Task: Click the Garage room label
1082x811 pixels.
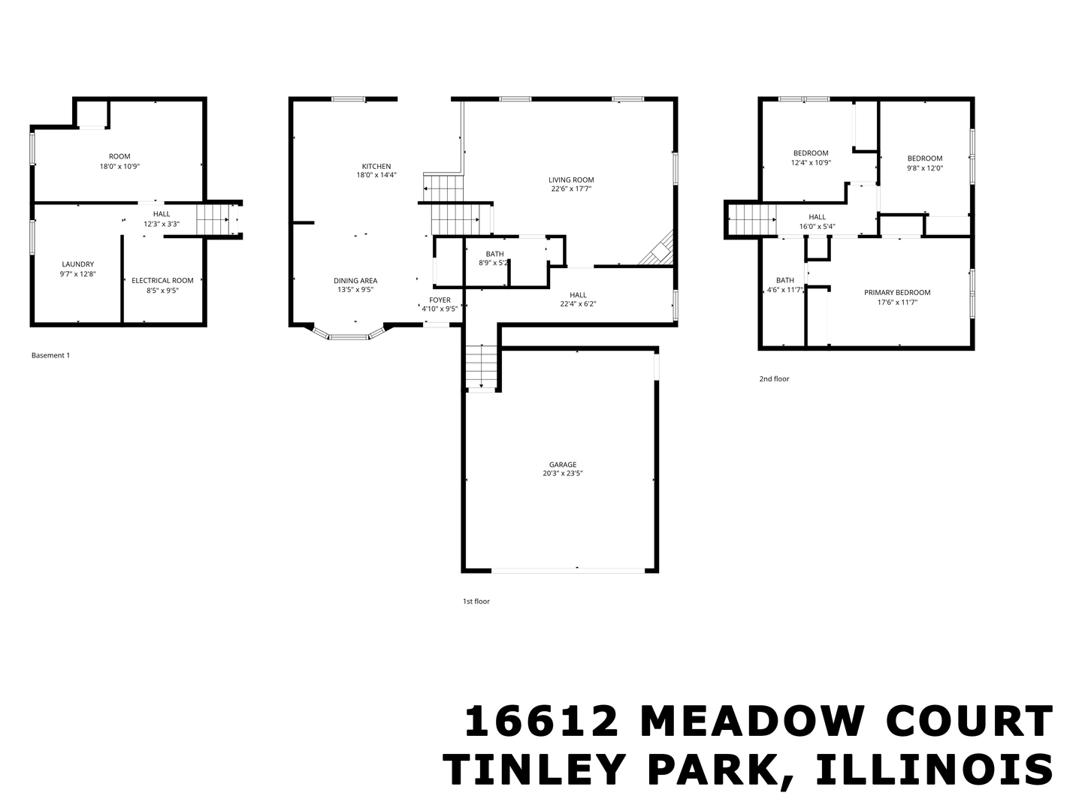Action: [x=562, y=465]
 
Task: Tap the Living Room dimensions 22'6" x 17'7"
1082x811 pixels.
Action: [x=571, y=189]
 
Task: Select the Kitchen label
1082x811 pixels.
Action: [x=376, y=167]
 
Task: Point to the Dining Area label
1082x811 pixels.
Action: [x=355, y=281]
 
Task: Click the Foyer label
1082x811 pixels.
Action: [x=440, y=300]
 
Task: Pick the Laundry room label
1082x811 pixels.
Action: [x=78, y=264]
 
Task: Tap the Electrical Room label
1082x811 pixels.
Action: [x=162, y=281]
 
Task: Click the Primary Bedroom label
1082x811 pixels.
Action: [x=897, y=293]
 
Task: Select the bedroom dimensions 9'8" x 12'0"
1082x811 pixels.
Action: [x=925, y=168]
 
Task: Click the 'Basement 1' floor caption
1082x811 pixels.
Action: [x=50, y=355]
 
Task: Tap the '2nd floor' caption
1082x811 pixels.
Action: [x=774, y=379]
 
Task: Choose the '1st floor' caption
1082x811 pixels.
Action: [x=476, y=601]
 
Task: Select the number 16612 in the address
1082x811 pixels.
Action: [x=541, y=722]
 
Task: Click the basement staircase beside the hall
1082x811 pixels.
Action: [x=212, y=219]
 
